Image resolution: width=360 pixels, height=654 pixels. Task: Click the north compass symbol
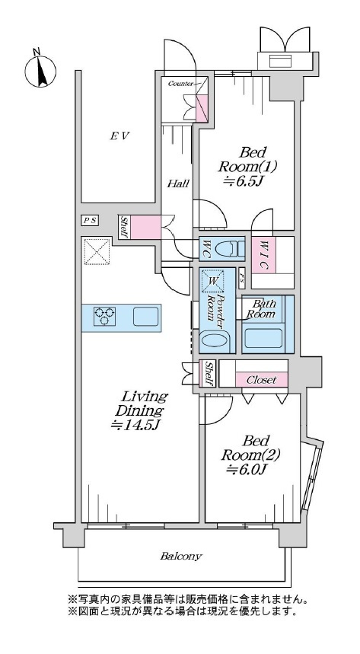tap(40, 69)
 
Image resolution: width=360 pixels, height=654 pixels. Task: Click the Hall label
tap(179, 183)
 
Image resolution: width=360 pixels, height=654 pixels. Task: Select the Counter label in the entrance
tap(180, 84)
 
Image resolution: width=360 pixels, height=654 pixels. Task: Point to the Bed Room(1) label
tap(248, 159)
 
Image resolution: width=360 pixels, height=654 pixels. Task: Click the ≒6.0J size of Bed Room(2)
tap(247, 470)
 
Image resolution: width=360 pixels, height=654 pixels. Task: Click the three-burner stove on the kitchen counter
tap(104, 317)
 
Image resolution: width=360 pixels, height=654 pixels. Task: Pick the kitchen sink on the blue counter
tap(145, 317)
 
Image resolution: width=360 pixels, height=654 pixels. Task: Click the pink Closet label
tap(262, 380)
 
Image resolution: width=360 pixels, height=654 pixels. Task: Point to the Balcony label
tap(181, 556)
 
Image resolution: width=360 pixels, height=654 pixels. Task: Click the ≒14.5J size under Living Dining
tap(136, 426)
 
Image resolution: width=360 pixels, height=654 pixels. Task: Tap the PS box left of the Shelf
tap(90, 221)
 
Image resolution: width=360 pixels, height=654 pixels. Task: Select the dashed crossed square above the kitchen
tap(97, 251)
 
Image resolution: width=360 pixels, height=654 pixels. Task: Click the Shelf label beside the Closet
tap(210, 373)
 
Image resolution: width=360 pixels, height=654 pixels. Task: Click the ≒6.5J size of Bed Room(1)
tap(244, 180)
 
